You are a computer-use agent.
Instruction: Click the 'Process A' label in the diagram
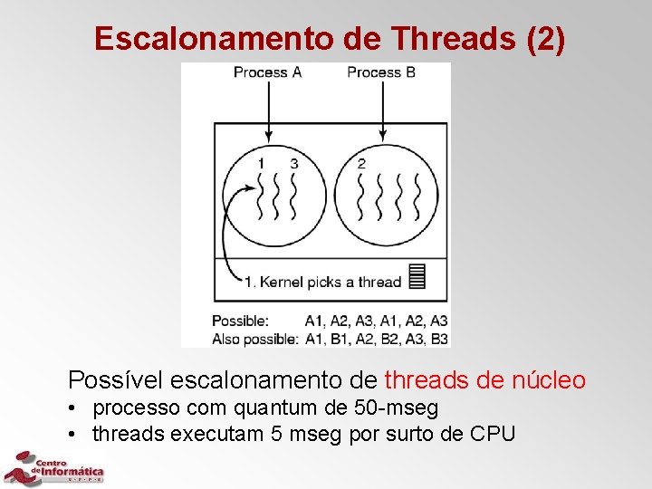tap(267, 72)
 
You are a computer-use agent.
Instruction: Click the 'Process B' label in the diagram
tap(380, 72)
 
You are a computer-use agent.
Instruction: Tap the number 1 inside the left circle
tap(261, 163)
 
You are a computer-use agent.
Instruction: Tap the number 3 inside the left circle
tap(293, 163)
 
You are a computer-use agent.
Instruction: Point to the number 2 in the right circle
tap(361, 163)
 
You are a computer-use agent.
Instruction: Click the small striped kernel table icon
tap(417, 275)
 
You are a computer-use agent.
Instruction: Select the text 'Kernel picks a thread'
tap(330, 282)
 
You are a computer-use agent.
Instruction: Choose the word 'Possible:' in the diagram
tap(240, 321)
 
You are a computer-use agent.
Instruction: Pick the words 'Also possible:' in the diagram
tap(254, 339)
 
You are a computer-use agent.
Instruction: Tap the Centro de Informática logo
tap(54, 468)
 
